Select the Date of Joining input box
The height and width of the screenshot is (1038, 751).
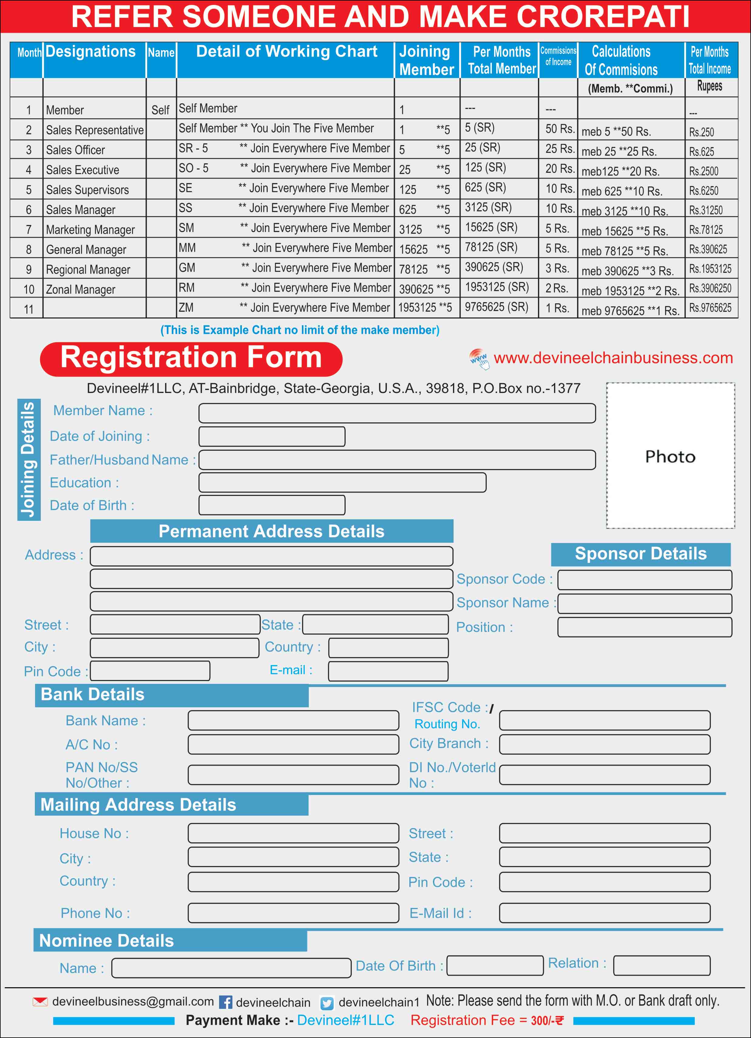(x=272, y=437)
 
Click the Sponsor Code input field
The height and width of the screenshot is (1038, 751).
(x=644, y=580)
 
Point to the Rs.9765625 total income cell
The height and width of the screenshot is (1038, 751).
(x=710, y=308)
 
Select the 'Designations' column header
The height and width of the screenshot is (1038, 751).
(x=90, y=52)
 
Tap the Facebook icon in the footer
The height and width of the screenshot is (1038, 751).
(x=225, y=1002)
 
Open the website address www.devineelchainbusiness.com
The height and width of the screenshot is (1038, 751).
(x=613, y=358)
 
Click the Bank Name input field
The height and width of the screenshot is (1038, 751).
(x=293, y=720)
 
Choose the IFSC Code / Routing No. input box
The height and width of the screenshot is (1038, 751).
(x=604, y=720)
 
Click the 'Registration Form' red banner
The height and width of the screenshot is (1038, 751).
(x=191, y=358)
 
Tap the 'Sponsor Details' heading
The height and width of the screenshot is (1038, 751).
(x=640, y=554)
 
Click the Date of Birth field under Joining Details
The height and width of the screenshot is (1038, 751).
(x=272, y=505)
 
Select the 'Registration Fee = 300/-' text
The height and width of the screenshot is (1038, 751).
(x=487, y=1020)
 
